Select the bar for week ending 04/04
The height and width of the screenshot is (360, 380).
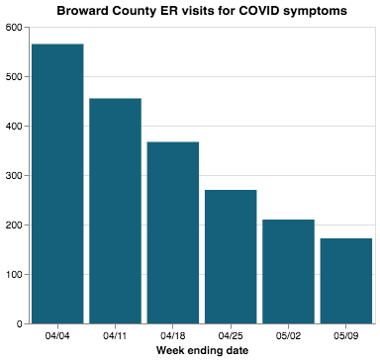[x=57, y=184]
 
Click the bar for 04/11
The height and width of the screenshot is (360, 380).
[x=115, y=211]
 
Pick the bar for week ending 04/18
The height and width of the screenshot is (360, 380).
[x=173, y=232]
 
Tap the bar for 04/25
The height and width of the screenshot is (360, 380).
[x=231, y=256]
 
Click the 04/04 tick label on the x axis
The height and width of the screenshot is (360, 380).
[x=57, y=335]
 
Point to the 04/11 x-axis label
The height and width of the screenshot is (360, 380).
[x=115, y=335]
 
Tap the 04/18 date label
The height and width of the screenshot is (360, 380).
[x=173, y=335]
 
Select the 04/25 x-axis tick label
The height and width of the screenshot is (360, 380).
[x=231, y=335]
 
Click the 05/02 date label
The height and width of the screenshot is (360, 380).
[x=288, y=335]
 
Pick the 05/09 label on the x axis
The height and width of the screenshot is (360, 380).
[x=346, y=335]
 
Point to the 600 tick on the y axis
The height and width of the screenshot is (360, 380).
[x=14, y=28]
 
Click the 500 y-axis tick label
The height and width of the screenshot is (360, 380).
[x=14, y=77]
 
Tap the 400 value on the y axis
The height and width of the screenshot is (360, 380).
[x=14, y=127]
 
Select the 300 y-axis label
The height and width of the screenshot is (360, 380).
[x=14, y=176]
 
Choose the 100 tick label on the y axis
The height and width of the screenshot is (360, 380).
[x=14, y=275]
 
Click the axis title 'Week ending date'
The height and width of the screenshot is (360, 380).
[x=202, y=350]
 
